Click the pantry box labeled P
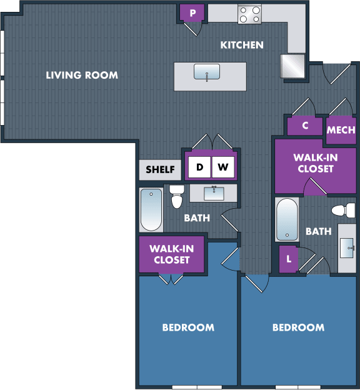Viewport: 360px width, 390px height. coord(192,13)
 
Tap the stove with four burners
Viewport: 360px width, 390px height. coord(249,14)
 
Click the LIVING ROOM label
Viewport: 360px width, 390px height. coord(82,76)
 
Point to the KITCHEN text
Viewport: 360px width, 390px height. coord(242,45)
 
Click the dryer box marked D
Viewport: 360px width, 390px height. coord(199,167)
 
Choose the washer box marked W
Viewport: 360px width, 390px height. coord(223,167)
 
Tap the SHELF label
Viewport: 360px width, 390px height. coord(160,169)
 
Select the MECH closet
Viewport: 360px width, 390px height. coord(341,130)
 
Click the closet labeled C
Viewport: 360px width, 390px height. coord(305,125)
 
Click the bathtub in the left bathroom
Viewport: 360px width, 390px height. coord(151,209)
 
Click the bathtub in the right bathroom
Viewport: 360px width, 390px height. coord(287,219)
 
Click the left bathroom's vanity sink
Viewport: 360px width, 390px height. coord(213,192)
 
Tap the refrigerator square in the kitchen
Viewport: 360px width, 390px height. coord(292,65)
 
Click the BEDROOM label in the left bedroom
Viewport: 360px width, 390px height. coord(188,327)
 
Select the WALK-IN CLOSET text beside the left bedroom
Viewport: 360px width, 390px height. coord(171,254)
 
